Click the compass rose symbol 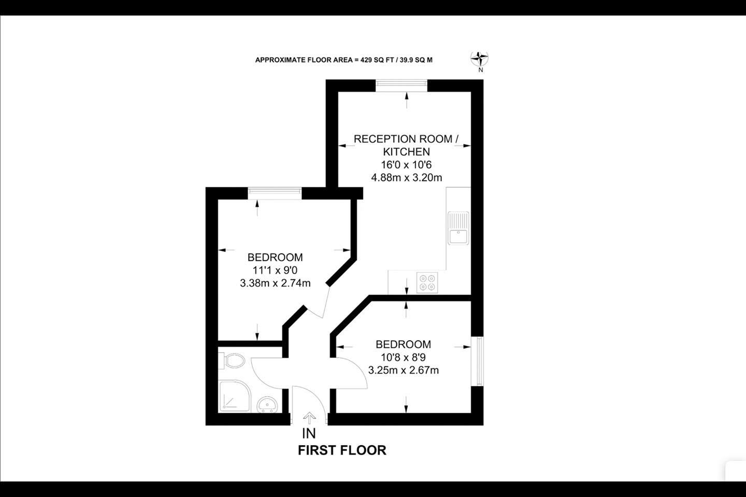(479, 59)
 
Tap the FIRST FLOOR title (342, 450)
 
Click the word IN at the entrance (309, 433)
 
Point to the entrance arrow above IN (309, 418)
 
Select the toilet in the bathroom (232, 361)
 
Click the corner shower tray (235, 397)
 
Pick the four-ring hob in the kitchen (427, 283)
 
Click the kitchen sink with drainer (458, 228)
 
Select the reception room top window (401, 85)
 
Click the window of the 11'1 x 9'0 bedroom (275, 194)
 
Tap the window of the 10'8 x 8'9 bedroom (477, 361)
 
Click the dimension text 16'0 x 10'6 (406, 165)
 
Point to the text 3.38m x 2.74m (275, 283)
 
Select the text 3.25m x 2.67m (403, 370)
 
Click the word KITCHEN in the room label (406, 152)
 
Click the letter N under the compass (481, 70)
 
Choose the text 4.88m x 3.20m (407, 178)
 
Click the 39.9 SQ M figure (416, 60)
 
